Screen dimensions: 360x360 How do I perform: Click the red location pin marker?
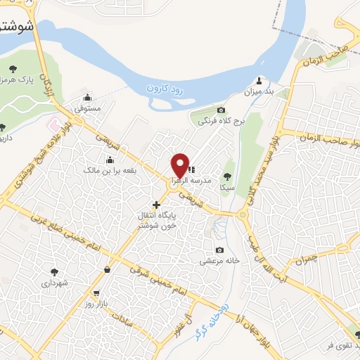coord(181,166)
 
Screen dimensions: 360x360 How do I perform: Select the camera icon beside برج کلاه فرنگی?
coord(221,110)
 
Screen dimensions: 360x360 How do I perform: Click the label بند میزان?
coord(257,92)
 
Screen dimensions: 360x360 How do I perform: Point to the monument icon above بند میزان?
coord(259,79)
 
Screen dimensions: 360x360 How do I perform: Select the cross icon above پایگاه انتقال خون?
coord(156,205)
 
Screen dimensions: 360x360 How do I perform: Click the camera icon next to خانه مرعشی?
coord(220,250)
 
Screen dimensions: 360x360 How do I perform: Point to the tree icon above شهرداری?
coord(53,271)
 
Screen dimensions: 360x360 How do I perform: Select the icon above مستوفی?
coord(87,98)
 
